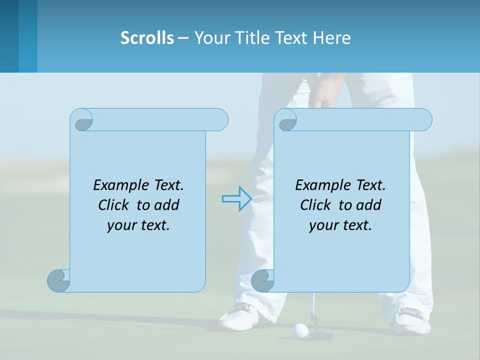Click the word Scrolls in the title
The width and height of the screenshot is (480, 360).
[147, 38]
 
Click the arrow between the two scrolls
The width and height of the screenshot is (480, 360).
[236, 199]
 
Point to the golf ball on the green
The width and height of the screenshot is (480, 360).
[300, 329]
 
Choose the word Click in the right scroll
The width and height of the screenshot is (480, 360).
[315, 205]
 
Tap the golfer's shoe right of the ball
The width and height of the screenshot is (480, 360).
[413, 320]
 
